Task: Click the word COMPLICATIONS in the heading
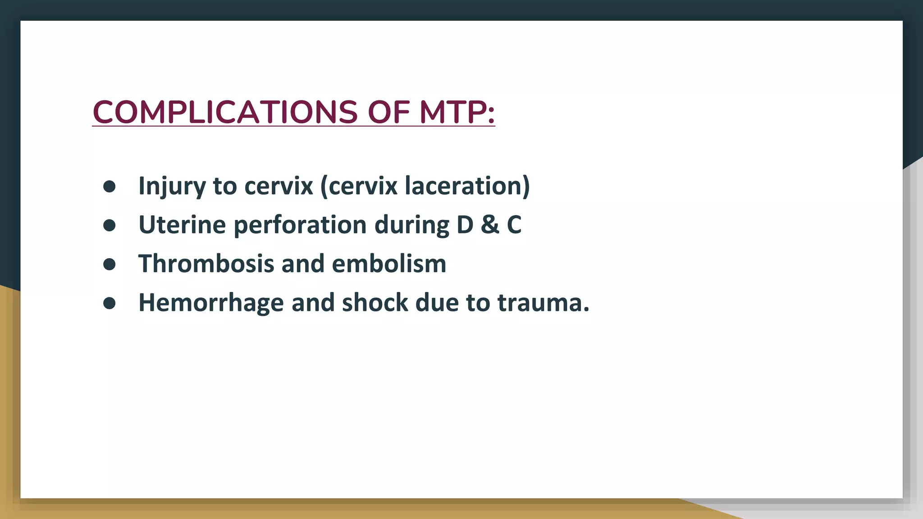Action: click(x=225, y=112)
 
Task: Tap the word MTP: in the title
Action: click(x=457, y=112)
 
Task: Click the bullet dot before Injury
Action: click(x=110, y=186)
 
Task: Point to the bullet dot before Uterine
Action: click(x=110, y=225)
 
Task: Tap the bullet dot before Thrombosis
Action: click(x=110, y=264)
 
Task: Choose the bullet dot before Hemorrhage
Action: click(x=110, y=303)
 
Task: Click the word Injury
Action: click(x=172, y=186)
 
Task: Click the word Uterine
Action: click(x=182, y=225)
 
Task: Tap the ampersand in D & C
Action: click(x=490, y=225)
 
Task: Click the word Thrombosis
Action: click(x=206, y=264)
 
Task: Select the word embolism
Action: click(x=388, y=264)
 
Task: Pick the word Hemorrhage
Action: click(x=211, y=303)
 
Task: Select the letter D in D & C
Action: click(x=465, y=225)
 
